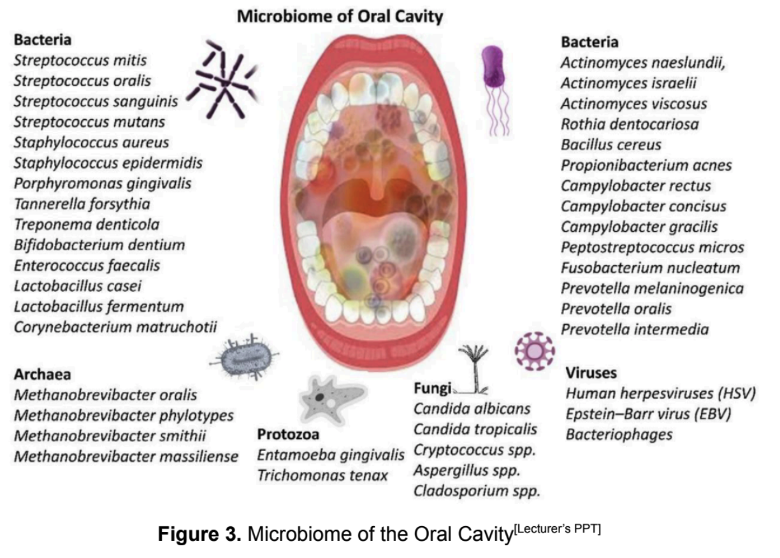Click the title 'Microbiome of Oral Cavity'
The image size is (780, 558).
[340, 17]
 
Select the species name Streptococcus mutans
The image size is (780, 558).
[89, 122]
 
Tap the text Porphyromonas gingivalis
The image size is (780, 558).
[103, 183]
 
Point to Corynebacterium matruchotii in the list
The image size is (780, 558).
[115, 327]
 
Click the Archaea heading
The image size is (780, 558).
[43, 375]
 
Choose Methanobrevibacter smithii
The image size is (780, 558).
[110, 436]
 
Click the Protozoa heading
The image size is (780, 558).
[288, 434]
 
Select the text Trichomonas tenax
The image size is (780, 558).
[322, 475]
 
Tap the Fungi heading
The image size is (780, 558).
[433, 388]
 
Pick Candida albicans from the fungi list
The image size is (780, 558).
[472, 409]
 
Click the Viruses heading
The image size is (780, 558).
[591, 373]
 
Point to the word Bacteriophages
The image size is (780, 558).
[619, 435]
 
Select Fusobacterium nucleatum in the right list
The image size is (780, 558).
[651, 268]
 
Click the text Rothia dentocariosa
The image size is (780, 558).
[630, 124]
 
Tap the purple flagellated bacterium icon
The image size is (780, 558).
[494, 89]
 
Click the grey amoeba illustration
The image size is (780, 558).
[332, 399]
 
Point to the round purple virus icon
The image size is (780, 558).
[535, 351]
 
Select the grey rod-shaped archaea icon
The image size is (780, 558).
[245, 357]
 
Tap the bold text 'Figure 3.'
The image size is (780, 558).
[199, 534]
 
